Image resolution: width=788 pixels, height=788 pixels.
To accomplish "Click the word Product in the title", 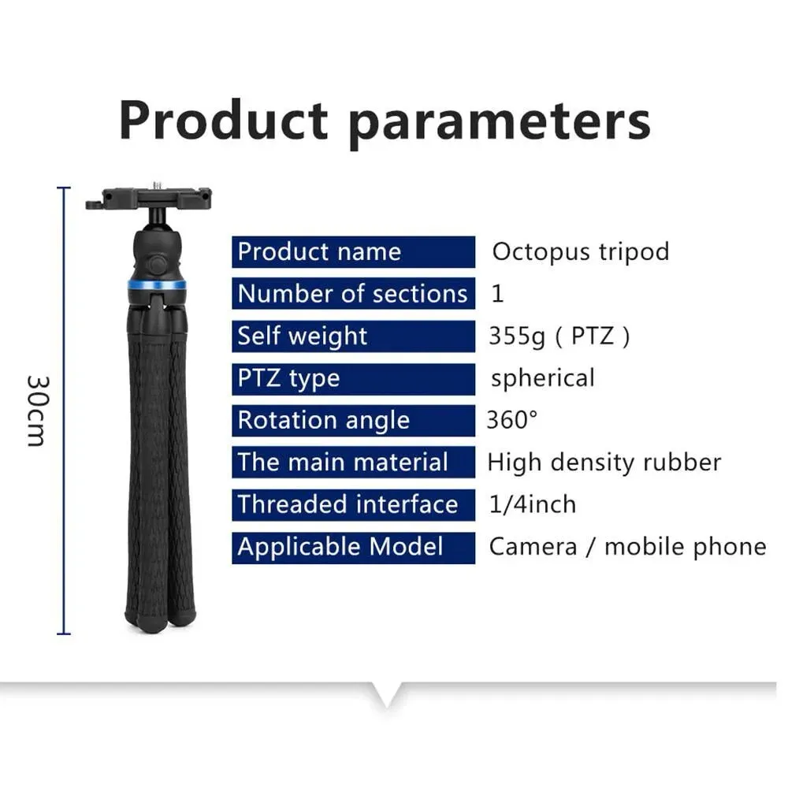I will point(223,121).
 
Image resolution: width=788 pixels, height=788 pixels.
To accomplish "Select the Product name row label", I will point(319,252).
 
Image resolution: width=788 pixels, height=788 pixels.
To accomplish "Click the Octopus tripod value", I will point(580,252).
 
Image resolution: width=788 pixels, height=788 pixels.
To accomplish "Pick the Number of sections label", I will point(352,294).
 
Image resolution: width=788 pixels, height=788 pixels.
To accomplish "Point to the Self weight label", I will point(303,336).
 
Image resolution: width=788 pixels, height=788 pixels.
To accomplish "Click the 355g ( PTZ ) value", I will point(559,336).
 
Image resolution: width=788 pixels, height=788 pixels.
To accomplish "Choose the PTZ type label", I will point(288,378).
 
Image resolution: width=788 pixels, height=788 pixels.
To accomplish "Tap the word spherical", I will point(542,378).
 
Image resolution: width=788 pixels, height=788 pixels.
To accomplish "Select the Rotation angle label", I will point(323,420).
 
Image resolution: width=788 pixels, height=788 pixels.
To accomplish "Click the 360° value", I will point(512,420).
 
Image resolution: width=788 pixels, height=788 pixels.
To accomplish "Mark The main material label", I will point(343,462).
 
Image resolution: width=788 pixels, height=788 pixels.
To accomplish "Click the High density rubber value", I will point(604,462).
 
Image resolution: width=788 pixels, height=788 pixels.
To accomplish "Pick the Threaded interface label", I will point(348,504).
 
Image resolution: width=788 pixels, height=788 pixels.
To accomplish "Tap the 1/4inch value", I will point(533,504).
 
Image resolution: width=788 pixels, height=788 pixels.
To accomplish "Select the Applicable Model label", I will point(340,547).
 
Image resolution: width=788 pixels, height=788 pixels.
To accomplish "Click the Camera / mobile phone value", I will point(627,547).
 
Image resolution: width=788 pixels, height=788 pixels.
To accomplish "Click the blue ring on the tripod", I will point(157,284).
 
